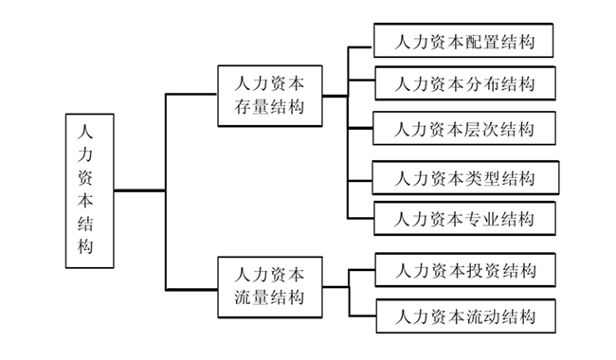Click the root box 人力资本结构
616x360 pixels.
pos(90,190)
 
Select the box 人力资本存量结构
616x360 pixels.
pos(270,96)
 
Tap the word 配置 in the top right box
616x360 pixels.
pos(478,42)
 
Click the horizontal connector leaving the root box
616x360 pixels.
pos(140,190)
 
